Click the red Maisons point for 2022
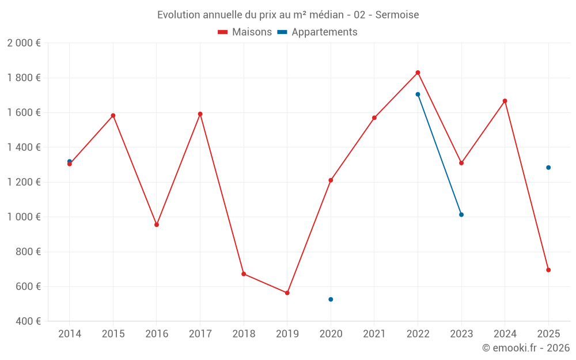418,73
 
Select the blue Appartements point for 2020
331,300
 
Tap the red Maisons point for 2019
287,293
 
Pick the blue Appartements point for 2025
548,168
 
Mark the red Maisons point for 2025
548,270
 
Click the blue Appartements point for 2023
461,214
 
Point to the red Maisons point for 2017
200,114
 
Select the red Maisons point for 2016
157,225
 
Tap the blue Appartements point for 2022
418,94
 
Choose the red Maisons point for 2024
505,101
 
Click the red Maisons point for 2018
244,274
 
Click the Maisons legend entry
245,32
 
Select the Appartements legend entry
317,32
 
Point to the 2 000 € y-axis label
24,43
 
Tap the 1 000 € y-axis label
24,217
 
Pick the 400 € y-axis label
28,321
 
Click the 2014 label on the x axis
70,334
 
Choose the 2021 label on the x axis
374,334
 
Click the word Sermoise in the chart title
397,15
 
